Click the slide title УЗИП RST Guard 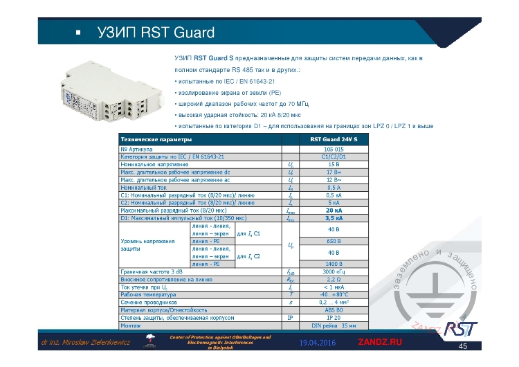(155, 32)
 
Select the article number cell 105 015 (334, 149)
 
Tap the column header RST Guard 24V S (334, 140)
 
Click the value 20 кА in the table (334, 210)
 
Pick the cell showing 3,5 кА (334, 217)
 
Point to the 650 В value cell (334, 241)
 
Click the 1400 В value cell (334, 264)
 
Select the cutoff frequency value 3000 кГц (334, 272)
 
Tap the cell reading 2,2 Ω (334, 279)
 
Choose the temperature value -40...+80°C (334, 294)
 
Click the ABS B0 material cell (334, 310)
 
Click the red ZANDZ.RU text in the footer (379, 343)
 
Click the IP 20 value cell (334, 317)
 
